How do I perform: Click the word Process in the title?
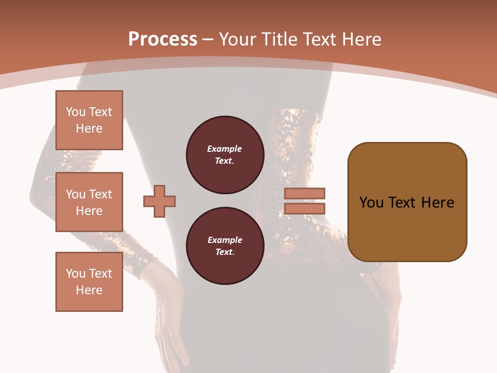click(x=163, y=39)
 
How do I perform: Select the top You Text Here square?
click(x=89, y=120)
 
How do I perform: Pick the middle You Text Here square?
click(x=89, y=202)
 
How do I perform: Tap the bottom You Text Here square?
click(x=89, y=282)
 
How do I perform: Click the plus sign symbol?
click(x=159, y=201)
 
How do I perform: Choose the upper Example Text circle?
click(x=225, y=155)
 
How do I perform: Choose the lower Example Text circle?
click(x=225, y=246)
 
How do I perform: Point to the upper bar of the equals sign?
click(x=305, y=194)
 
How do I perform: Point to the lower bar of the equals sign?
click(x=305, y=209)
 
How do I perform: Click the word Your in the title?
click(x=238, y=39)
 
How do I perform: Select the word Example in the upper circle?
click(x=225, y=149)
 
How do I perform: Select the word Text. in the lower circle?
click(x=225, y=252)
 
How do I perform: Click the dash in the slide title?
click(x=208, y=39)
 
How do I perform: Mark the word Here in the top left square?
click(x=89, y=128)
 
